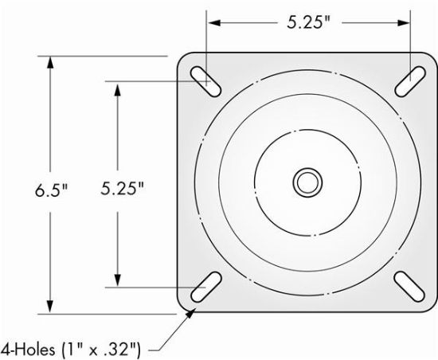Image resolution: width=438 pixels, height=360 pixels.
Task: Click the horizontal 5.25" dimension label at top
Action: [x=309, y=23]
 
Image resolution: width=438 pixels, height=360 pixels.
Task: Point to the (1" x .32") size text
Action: [x=101, y=347]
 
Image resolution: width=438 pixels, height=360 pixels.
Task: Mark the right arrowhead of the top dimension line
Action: [x=404, y=23]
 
